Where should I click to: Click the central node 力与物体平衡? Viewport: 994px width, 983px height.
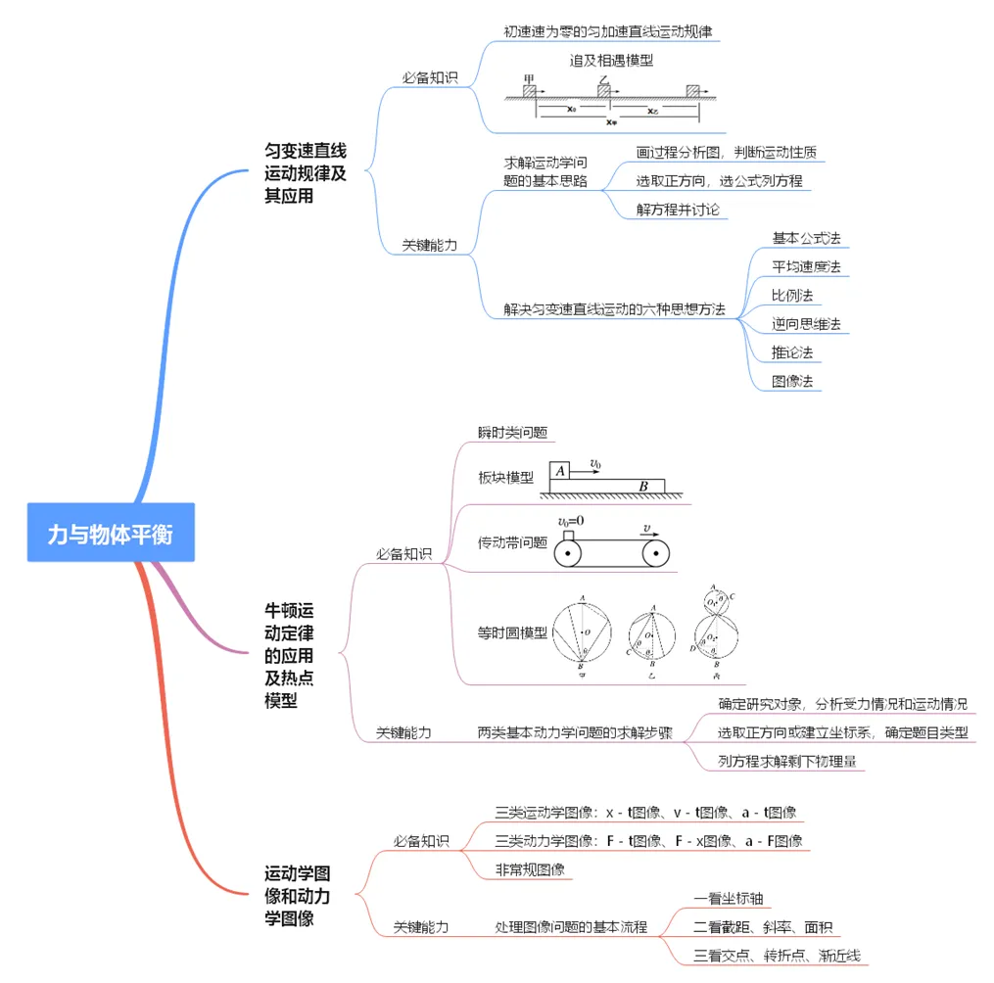(111, 534)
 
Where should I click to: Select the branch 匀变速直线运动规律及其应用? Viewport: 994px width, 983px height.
(306, 173)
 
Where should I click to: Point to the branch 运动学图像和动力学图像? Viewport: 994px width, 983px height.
(297, 895)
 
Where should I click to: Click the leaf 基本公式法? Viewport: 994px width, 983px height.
(806, 238)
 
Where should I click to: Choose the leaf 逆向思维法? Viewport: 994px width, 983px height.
(806, 323)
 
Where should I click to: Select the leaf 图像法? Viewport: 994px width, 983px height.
(792, 380)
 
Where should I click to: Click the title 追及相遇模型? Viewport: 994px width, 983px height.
(612, 60)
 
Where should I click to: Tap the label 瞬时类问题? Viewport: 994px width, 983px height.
(512, 432)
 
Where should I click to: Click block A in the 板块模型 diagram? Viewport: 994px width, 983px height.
(559, 471)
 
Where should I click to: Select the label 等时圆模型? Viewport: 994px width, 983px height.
(512, 632)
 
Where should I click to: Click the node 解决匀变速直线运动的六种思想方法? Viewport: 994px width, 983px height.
(615, 309)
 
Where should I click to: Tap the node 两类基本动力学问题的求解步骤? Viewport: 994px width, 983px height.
(575, 732)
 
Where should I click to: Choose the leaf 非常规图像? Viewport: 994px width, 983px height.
(529, 868)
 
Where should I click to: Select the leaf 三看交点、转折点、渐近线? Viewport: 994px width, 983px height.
(777, 955)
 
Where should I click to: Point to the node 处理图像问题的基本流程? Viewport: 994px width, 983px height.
(571, 926)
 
